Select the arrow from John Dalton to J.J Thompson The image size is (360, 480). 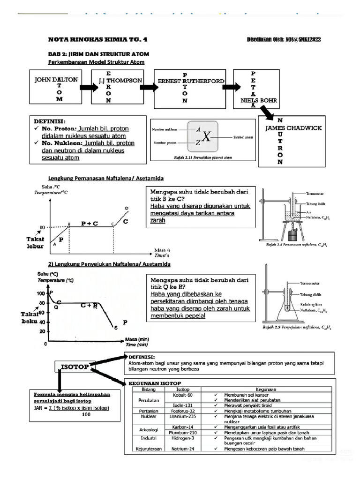click(89, 88)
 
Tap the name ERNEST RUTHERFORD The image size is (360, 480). click(190, 81)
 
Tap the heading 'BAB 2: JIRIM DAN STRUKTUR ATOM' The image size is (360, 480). click(93, 54)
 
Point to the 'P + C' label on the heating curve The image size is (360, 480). click(90, 224)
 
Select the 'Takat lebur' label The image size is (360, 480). click(34, 242)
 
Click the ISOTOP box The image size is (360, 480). click(75, 366)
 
